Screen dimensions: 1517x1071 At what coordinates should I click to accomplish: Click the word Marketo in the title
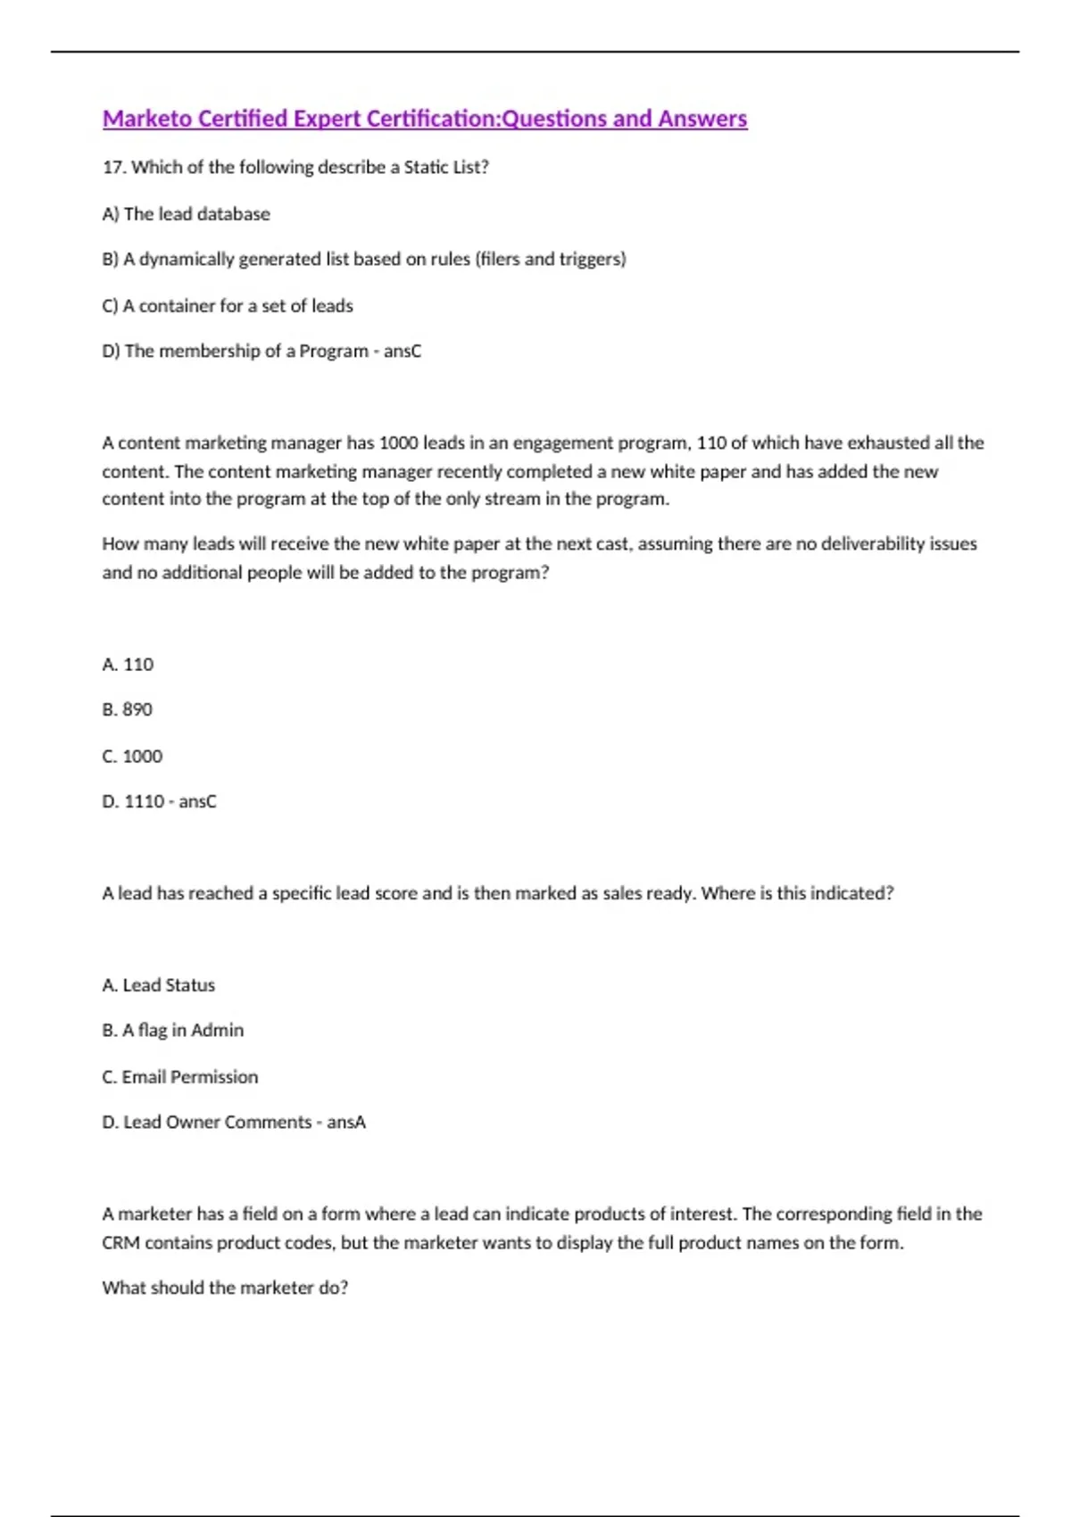(x=146, y=119)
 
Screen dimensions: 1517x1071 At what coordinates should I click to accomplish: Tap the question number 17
(x=113, y=167)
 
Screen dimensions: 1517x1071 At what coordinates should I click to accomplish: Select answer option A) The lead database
(x=186, y=214)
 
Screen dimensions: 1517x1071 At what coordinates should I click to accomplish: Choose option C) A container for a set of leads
(x=228, y=305)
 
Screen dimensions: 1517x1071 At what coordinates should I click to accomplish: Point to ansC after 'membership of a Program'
(x=403, y=351)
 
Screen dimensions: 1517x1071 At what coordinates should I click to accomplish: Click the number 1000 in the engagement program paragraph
(x=399, y=443)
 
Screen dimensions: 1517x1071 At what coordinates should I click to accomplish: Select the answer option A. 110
(x=128, y=664)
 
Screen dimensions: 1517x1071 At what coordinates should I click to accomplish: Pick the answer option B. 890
(x=127, y=709)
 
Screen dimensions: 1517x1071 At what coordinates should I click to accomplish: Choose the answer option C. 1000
(x=132, y=756)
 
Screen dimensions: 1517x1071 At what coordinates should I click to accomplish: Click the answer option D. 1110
(x=133, y=801)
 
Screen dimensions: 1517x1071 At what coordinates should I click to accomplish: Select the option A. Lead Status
(x=159, y=985)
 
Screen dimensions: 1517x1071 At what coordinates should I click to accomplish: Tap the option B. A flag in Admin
(x=172, y=1030)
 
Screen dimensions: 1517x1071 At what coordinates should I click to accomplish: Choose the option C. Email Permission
(x=179, y=1077)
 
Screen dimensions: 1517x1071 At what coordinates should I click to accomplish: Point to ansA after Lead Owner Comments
(x=346, y=1122)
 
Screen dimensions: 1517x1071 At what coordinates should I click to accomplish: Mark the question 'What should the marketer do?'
(x=225, y=1288)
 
